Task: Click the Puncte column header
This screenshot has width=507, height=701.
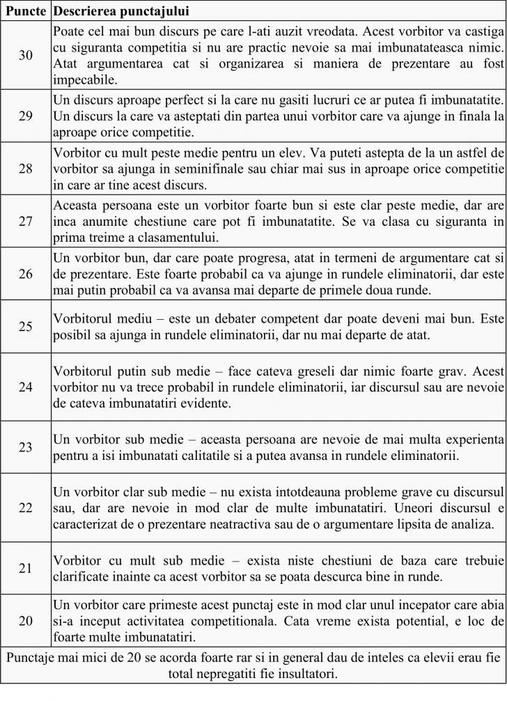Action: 26,12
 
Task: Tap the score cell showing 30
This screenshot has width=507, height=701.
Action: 26,55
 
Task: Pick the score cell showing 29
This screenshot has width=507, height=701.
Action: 26,116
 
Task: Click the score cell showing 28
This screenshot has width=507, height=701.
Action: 26,169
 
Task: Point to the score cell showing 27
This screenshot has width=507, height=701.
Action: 26,222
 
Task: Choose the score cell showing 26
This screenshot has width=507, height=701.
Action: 26,274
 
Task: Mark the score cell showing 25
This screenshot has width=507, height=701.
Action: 26,326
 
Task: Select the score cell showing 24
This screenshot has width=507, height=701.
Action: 26,387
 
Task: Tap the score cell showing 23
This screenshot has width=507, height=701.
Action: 26,447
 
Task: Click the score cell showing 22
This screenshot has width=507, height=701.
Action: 26,507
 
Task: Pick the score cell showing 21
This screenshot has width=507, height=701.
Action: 26,568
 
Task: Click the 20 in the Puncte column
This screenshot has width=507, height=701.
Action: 26,620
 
